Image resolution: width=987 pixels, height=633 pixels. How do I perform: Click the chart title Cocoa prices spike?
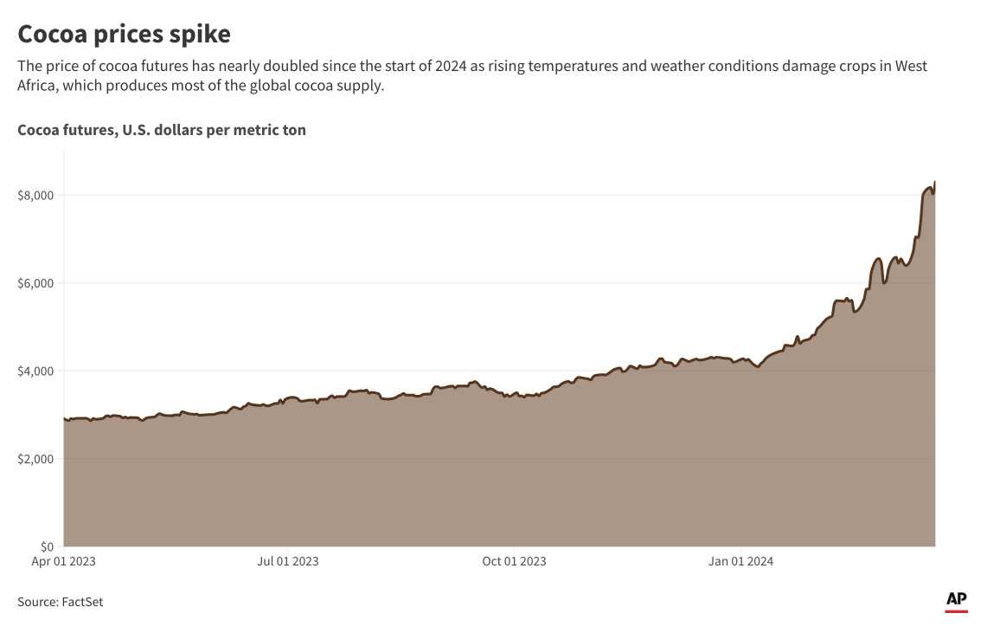(125, 35)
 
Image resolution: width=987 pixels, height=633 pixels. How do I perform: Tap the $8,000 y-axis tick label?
(35, 196)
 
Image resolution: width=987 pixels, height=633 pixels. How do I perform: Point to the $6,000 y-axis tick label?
(35, 283)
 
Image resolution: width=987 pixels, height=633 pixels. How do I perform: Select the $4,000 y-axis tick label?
(35, 371)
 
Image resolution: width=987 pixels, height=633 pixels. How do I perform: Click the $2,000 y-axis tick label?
(35, 459)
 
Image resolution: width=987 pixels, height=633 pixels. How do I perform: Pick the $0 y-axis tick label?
(48, 546)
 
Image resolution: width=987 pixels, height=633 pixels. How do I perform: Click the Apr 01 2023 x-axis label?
(65, 561)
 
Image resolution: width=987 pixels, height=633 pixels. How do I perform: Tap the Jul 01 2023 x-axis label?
(288, 561)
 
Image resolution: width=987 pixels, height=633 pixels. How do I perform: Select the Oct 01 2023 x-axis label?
(515, 561)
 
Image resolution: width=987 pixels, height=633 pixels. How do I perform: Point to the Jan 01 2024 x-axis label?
(741, 561)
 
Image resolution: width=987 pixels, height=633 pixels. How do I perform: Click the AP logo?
(956, 599)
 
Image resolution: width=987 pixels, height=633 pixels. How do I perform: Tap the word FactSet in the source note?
(82, 602)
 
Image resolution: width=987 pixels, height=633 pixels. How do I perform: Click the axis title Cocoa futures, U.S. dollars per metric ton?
(162, 130)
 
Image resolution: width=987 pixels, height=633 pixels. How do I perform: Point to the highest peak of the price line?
(935, 182)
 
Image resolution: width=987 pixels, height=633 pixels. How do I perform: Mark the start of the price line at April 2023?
(65, 419)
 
